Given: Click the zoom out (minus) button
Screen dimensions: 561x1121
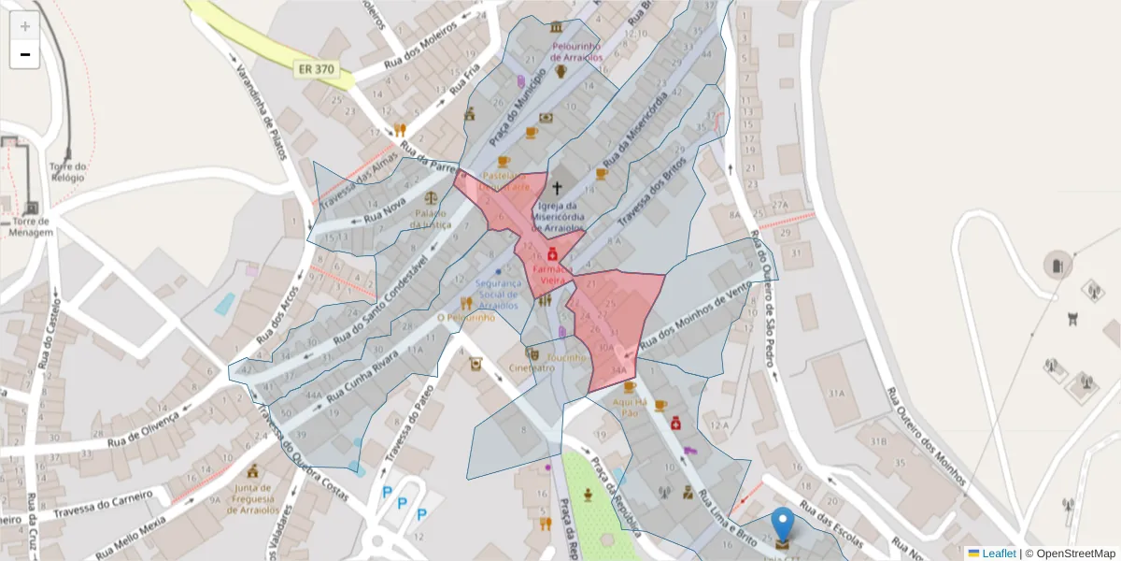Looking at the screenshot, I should (25, 54).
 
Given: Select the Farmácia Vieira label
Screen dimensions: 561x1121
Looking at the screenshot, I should (552, 273).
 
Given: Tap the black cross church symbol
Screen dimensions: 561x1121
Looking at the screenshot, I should (558, 188).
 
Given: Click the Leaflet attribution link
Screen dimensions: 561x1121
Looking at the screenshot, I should (998, 554).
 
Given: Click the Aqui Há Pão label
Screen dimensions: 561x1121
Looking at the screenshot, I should (626, 407).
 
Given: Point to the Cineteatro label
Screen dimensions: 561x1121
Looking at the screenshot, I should (532, 367).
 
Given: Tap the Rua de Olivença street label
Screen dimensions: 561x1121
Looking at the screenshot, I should (144, 431).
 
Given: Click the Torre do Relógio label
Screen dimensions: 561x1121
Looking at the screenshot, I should (67, 171).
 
